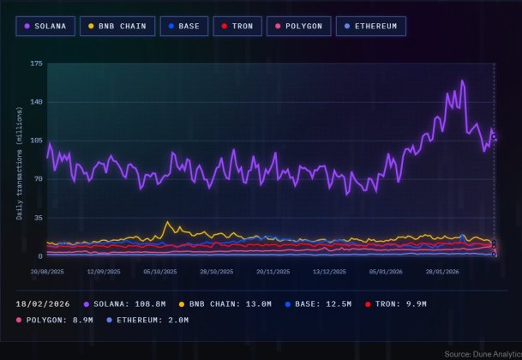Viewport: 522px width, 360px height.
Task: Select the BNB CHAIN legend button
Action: [x=117, y=26]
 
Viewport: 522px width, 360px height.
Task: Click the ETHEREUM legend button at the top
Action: [x=371, y=26]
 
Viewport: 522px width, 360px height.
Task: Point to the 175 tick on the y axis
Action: [x=36, y=64]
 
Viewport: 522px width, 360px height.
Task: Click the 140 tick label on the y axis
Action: [x=36, y=102]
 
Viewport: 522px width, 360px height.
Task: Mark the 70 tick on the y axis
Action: [x=38, y=179]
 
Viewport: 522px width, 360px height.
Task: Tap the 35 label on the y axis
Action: [x=38, y=218]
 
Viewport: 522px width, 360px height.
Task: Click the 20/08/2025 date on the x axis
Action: [x=46, y=271]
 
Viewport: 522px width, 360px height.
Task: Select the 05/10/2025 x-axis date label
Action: [x=160, y=271]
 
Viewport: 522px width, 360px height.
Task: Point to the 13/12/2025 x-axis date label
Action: [x=329, y=271]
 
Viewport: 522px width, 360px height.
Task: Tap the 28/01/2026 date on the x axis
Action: [x=442, y=271]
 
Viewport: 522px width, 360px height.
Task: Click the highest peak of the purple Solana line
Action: [x=462, y=81]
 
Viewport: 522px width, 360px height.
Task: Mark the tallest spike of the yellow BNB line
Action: [x=168, y=223]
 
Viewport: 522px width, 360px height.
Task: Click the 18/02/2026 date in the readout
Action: [x=45, y=304]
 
